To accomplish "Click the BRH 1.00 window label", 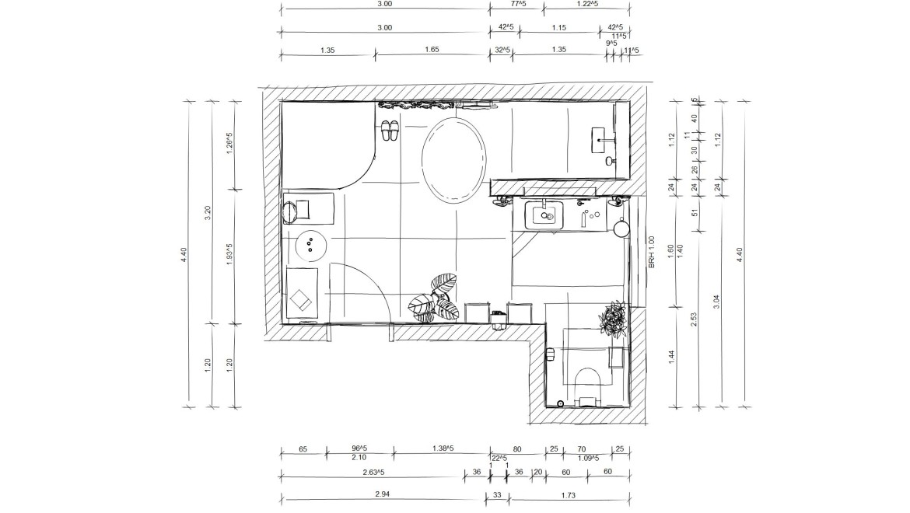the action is point(651,252).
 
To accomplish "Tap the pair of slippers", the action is point(390,131).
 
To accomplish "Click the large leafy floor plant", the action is point(435,298).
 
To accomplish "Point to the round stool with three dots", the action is point(310,245).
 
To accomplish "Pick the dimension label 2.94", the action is point(382,494).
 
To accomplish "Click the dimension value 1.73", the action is point(569,495).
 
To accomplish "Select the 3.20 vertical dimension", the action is point(208,213).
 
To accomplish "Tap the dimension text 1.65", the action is point(431,50).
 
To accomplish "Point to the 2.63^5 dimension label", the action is point(373,472).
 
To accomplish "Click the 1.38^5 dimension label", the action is point(443,448).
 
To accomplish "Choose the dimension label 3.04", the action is point(716,302).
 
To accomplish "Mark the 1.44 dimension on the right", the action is point(671,357).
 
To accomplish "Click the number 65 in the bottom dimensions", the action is point(303,449).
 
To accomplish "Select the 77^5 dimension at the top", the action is point(518,3).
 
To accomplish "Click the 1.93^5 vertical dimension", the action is point(229,254).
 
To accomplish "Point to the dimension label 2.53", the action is point(694,320).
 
